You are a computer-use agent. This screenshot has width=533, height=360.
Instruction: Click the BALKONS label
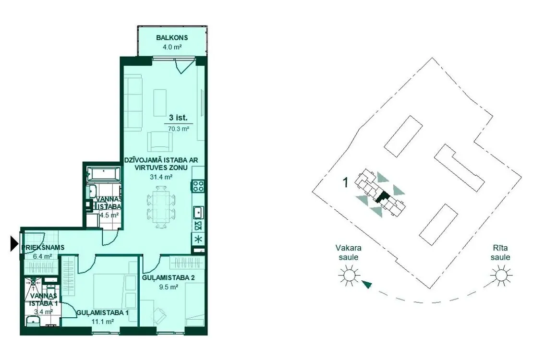172,38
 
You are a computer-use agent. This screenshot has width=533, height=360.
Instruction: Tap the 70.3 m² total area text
179,129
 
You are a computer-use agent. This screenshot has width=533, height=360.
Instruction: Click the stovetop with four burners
198,186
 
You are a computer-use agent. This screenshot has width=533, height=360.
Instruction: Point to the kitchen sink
198,213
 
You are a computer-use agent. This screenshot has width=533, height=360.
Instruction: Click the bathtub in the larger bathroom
103,174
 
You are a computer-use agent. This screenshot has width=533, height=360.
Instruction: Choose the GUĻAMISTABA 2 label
168,278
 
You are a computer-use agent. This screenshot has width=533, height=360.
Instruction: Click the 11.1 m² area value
103,321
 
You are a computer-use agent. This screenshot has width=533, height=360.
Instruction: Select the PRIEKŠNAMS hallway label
44,248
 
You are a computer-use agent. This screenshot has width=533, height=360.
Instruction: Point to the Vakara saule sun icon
349,275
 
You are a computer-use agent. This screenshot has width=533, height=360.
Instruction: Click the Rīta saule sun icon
501,275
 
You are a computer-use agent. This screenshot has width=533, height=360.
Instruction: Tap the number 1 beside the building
346,183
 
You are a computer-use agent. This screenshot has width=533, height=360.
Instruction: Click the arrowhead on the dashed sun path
366,284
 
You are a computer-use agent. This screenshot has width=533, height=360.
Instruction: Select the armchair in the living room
160,141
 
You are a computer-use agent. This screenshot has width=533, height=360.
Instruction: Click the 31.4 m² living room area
161,177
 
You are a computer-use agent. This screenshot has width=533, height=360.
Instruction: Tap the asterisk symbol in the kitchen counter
198,239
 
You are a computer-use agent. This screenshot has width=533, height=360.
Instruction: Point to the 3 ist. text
178,118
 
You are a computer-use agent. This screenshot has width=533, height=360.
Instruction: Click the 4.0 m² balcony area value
172,47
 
